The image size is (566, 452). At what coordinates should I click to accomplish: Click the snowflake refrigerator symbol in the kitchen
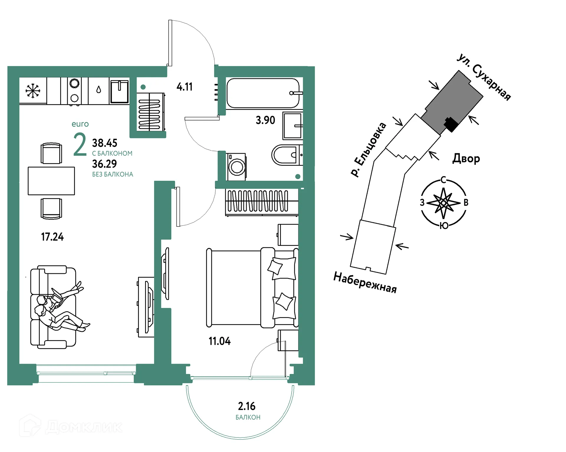pos(33,91)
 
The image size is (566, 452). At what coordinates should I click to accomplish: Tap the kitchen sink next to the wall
pos(119,91)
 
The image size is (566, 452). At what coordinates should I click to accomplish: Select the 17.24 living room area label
pos(52,237)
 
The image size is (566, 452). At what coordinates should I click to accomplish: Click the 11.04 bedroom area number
pos(220,341)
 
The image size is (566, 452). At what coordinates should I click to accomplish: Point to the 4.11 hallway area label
pos(185,87)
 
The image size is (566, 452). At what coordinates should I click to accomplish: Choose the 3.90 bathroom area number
pos(265,120)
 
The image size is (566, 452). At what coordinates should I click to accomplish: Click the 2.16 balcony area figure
pos(247,406)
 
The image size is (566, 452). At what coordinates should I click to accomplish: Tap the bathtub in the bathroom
pos(263,93)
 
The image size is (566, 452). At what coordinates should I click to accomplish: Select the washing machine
pos(236,167)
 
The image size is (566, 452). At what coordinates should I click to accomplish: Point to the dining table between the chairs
pos(51,181)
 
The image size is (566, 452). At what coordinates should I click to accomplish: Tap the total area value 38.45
pos(105,143)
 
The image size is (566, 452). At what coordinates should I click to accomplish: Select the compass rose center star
pos(443,203)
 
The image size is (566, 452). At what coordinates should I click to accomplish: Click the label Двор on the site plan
pos(466,158)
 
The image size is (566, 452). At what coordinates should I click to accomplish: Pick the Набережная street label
pos(365,282)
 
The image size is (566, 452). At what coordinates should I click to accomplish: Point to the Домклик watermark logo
pos(71,426)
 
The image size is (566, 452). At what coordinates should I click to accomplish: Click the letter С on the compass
pos(443,180)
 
